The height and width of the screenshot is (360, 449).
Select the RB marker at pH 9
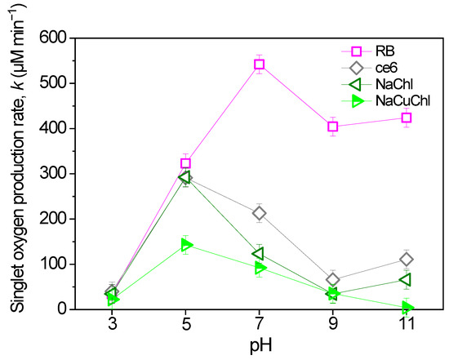[x=332, y=127]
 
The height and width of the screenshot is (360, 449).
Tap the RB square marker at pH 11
[x=406, y=118]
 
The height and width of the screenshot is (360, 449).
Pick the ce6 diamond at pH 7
[x=260, y=214]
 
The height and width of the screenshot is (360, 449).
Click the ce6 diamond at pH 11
[x=406, y=260]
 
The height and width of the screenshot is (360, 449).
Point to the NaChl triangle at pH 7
[x=259, y=254]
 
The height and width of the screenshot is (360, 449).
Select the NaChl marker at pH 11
[x=405, y=280]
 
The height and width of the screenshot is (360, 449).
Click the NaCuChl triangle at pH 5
[x=187, y=245]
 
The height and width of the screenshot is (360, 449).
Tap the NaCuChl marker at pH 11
[x=407, y=308]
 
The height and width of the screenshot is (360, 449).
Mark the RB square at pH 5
[x=186, y=163]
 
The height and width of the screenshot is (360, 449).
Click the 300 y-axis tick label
[x=55, y=174]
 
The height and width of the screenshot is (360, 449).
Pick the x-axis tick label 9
[x=332, y=324]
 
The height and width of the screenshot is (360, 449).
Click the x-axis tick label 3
[x=113, y=324]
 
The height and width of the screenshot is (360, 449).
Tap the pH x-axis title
[x=260, y=344]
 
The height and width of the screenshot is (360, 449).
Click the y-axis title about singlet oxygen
[x=16, y=173]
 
